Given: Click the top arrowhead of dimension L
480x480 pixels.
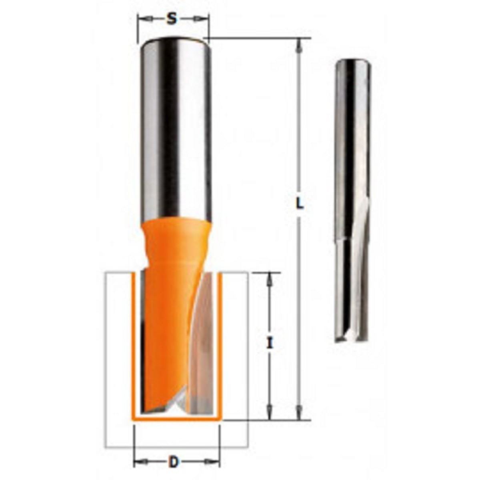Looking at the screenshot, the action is [300, 45].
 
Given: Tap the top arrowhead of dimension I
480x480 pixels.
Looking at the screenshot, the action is [269, 280].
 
